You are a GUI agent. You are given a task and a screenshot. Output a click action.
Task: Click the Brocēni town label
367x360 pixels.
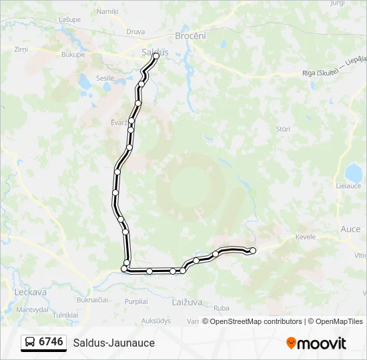coord(190,36)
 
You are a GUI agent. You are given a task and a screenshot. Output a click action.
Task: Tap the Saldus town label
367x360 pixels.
coord(155,51)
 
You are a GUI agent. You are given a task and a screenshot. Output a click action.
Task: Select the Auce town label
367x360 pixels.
coord(350,229)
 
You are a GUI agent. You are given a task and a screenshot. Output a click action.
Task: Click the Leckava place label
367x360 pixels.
coord(30,292)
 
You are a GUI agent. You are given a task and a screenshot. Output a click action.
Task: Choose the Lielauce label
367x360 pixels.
coord(348,186)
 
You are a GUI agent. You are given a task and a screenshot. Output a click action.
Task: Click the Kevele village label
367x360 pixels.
coord(305,237)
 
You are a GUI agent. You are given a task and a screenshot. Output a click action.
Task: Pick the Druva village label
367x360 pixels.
coord(135,31)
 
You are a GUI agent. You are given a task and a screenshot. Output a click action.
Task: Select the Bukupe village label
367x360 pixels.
coord(73,55)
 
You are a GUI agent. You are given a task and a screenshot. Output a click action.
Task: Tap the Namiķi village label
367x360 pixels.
coord(107,11)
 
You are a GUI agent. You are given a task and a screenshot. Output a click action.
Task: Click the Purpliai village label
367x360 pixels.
coord(135,301)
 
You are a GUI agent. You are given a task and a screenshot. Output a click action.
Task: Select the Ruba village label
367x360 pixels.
coord(222,308)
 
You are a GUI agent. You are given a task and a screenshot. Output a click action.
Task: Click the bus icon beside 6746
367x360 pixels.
coord(31,343)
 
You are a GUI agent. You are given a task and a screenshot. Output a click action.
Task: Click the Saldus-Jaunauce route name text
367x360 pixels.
coord(114,343)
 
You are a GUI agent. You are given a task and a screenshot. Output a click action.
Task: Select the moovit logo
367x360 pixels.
coord(316,343)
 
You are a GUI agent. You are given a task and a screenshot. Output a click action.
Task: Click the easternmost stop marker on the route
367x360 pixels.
coord(253,251)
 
